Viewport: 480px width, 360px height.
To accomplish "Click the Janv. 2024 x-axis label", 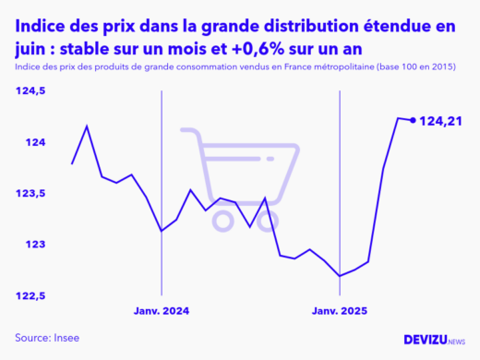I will (x=162, y=312).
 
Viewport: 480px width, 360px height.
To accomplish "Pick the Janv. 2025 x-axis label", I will (x=340, y=312).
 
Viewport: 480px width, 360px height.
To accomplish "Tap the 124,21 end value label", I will (x=440, y=121).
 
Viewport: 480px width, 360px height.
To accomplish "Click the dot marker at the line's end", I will (x=413, y=120).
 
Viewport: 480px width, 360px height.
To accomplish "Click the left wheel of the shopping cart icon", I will (x=223, y=220).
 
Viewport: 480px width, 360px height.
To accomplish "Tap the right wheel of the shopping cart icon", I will (x=272, y=220).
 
